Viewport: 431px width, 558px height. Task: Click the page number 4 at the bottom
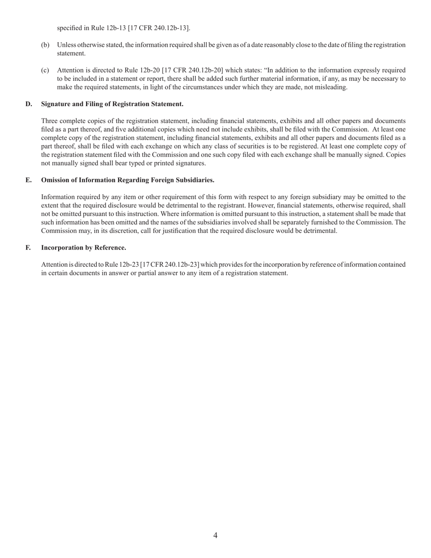[215, 535]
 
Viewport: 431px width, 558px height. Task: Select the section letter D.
[29, 104]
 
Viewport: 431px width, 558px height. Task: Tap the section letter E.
[29, 180]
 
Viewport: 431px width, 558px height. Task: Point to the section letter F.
[28, 248]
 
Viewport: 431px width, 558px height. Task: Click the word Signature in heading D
[56, 104]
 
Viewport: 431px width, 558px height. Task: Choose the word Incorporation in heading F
[61, 248]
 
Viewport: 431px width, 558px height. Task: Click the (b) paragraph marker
[45, 45]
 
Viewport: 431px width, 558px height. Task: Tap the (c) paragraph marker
[45, 70]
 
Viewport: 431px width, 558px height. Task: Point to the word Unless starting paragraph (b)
[67, 45]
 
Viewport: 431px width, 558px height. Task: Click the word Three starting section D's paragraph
[50, 121]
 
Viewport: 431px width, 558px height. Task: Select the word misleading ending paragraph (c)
[331, 87]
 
